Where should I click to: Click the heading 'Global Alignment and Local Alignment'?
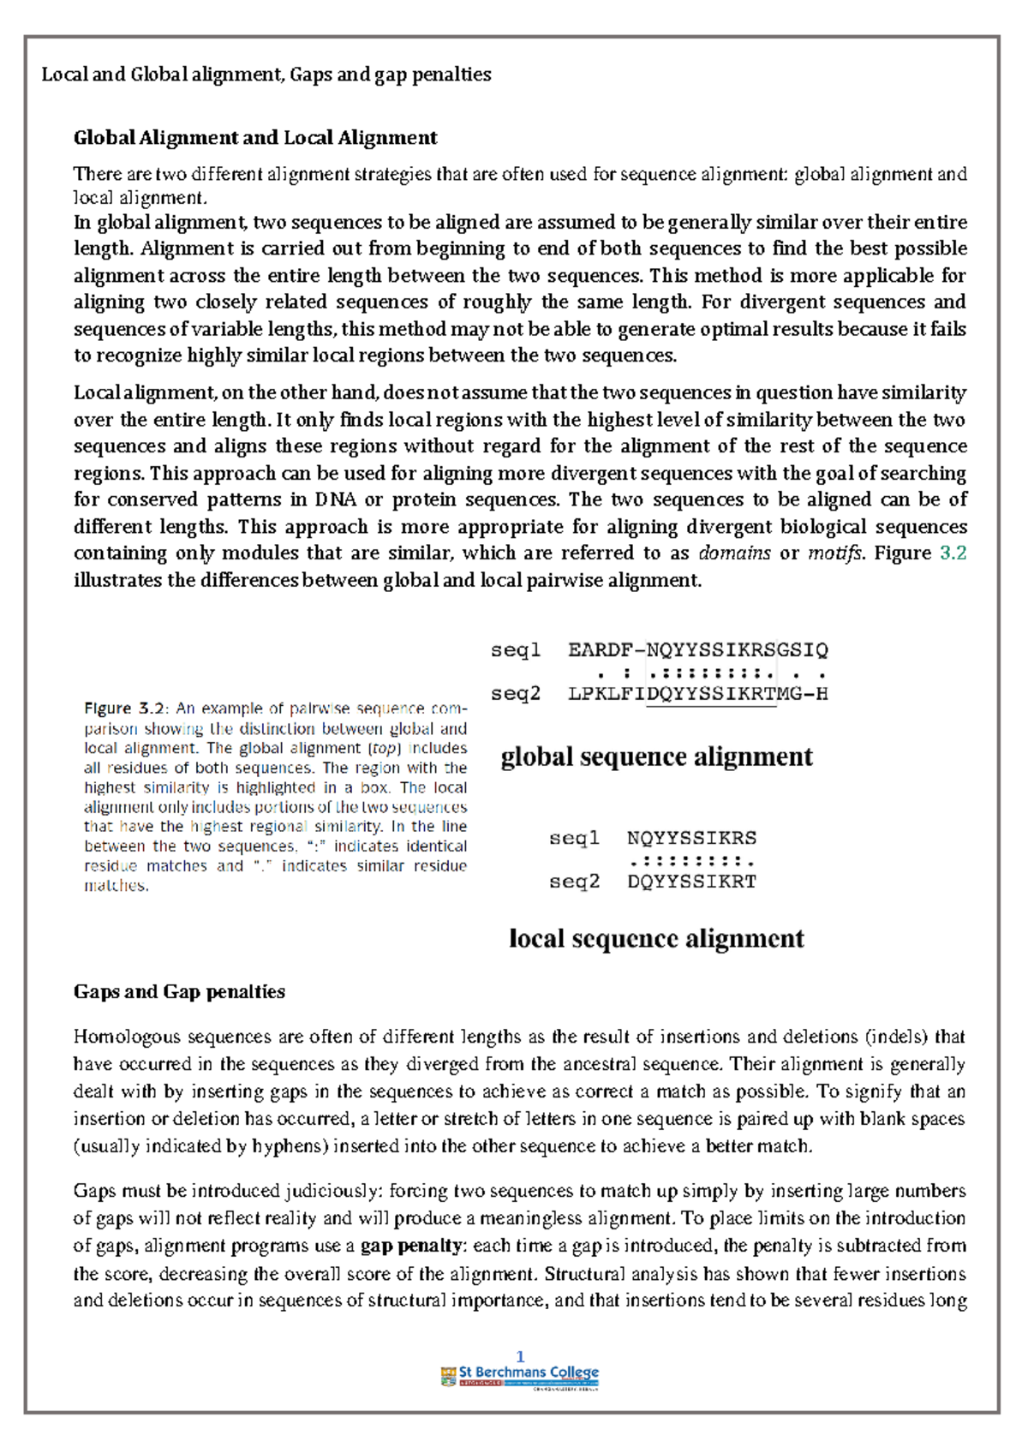[255, 138]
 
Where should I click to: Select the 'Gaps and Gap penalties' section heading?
[179, 992]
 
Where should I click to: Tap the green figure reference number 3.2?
[953, 553]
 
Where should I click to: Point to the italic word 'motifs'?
[834, 553]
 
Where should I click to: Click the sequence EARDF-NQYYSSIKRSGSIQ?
[697, 650]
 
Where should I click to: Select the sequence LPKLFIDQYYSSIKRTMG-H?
[697, 694]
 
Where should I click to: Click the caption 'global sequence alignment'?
[656, 757]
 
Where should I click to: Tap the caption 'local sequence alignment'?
[656, 939]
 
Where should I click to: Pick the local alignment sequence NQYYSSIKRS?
[691, 838]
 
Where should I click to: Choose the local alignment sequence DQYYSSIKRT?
[691, 882]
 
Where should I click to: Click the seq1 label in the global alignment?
[516, 650]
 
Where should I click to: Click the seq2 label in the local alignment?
[574, 882]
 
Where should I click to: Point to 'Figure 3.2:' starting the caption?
[127, 709]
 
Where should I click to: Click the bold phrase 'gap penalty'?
[412, 1246]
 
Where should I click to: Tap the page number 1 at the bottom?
[520, 1357]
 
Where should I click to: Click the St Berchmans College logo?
[519, 1377]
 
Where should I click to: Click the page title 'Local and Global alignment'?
[162, 75]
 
